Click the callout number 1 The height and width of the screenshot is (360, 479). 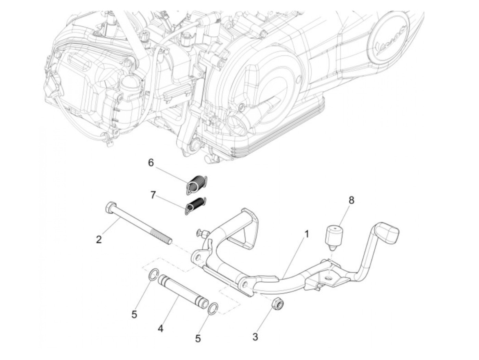point(307,234)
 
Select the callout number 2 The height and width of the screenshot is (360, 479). point(99,240)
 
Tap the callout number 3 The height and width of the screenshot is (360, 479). point(255,336)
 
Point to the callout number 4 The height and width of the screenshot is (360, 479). point(160,329)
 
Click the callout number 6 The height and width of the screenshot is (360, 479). point(151,163)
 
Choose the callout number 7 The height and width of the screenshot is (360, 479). point(153,195)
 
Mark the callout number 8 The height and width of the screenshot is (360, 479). point(351,201)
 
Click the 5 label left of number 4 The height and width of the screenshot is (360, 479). point(134,314)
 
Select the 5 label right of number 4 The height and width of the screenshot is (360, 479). point(198,338)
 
